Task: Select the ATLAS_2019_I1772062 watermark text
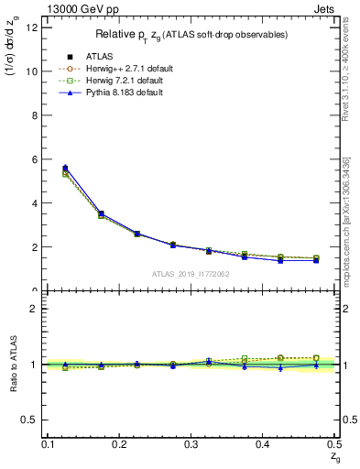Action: click(191, 274)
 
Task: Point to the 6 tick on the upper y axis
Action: click(36, 159)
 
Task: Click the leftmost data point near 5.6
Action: click(64, 169)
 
